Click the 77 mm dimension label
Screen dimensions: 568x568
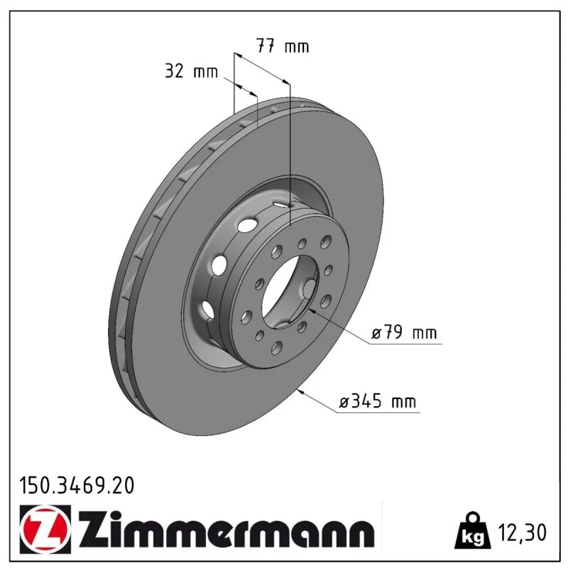tap(283, 46)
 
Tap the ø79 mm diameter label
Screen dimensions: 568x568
tap(404, 332)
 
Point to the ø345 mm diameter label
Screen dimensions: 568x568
tap(378, 401)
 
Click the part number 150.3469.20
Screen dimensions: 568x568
tap(77, 486)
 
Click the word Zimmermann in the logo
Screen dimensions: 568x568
tap(226, 530)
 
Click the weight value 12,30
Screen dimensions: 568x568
tap(522, 532)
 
